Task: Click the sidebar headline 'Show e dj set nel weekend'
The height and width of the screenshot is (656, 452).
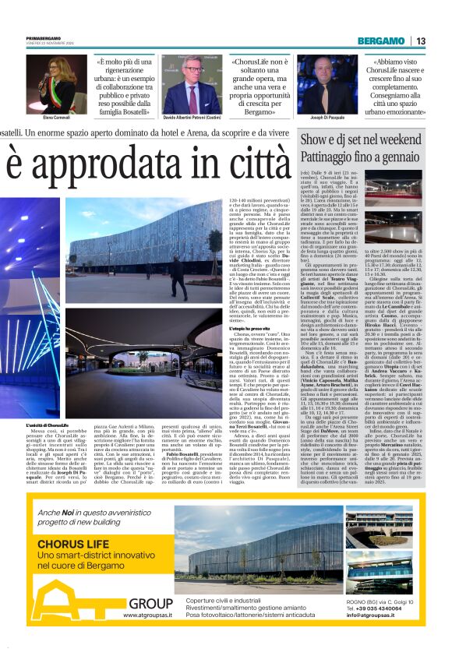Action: pyautogui.click(x=361, y=139)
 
